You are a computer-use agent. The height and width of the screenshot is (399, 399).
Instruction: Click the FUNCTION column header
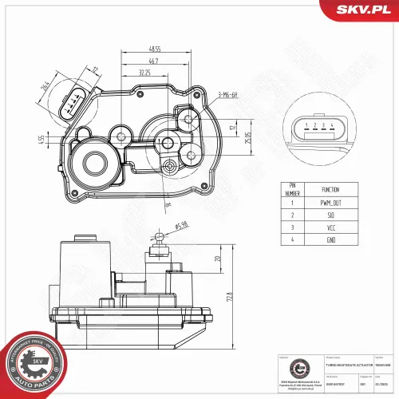point(330,190)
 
